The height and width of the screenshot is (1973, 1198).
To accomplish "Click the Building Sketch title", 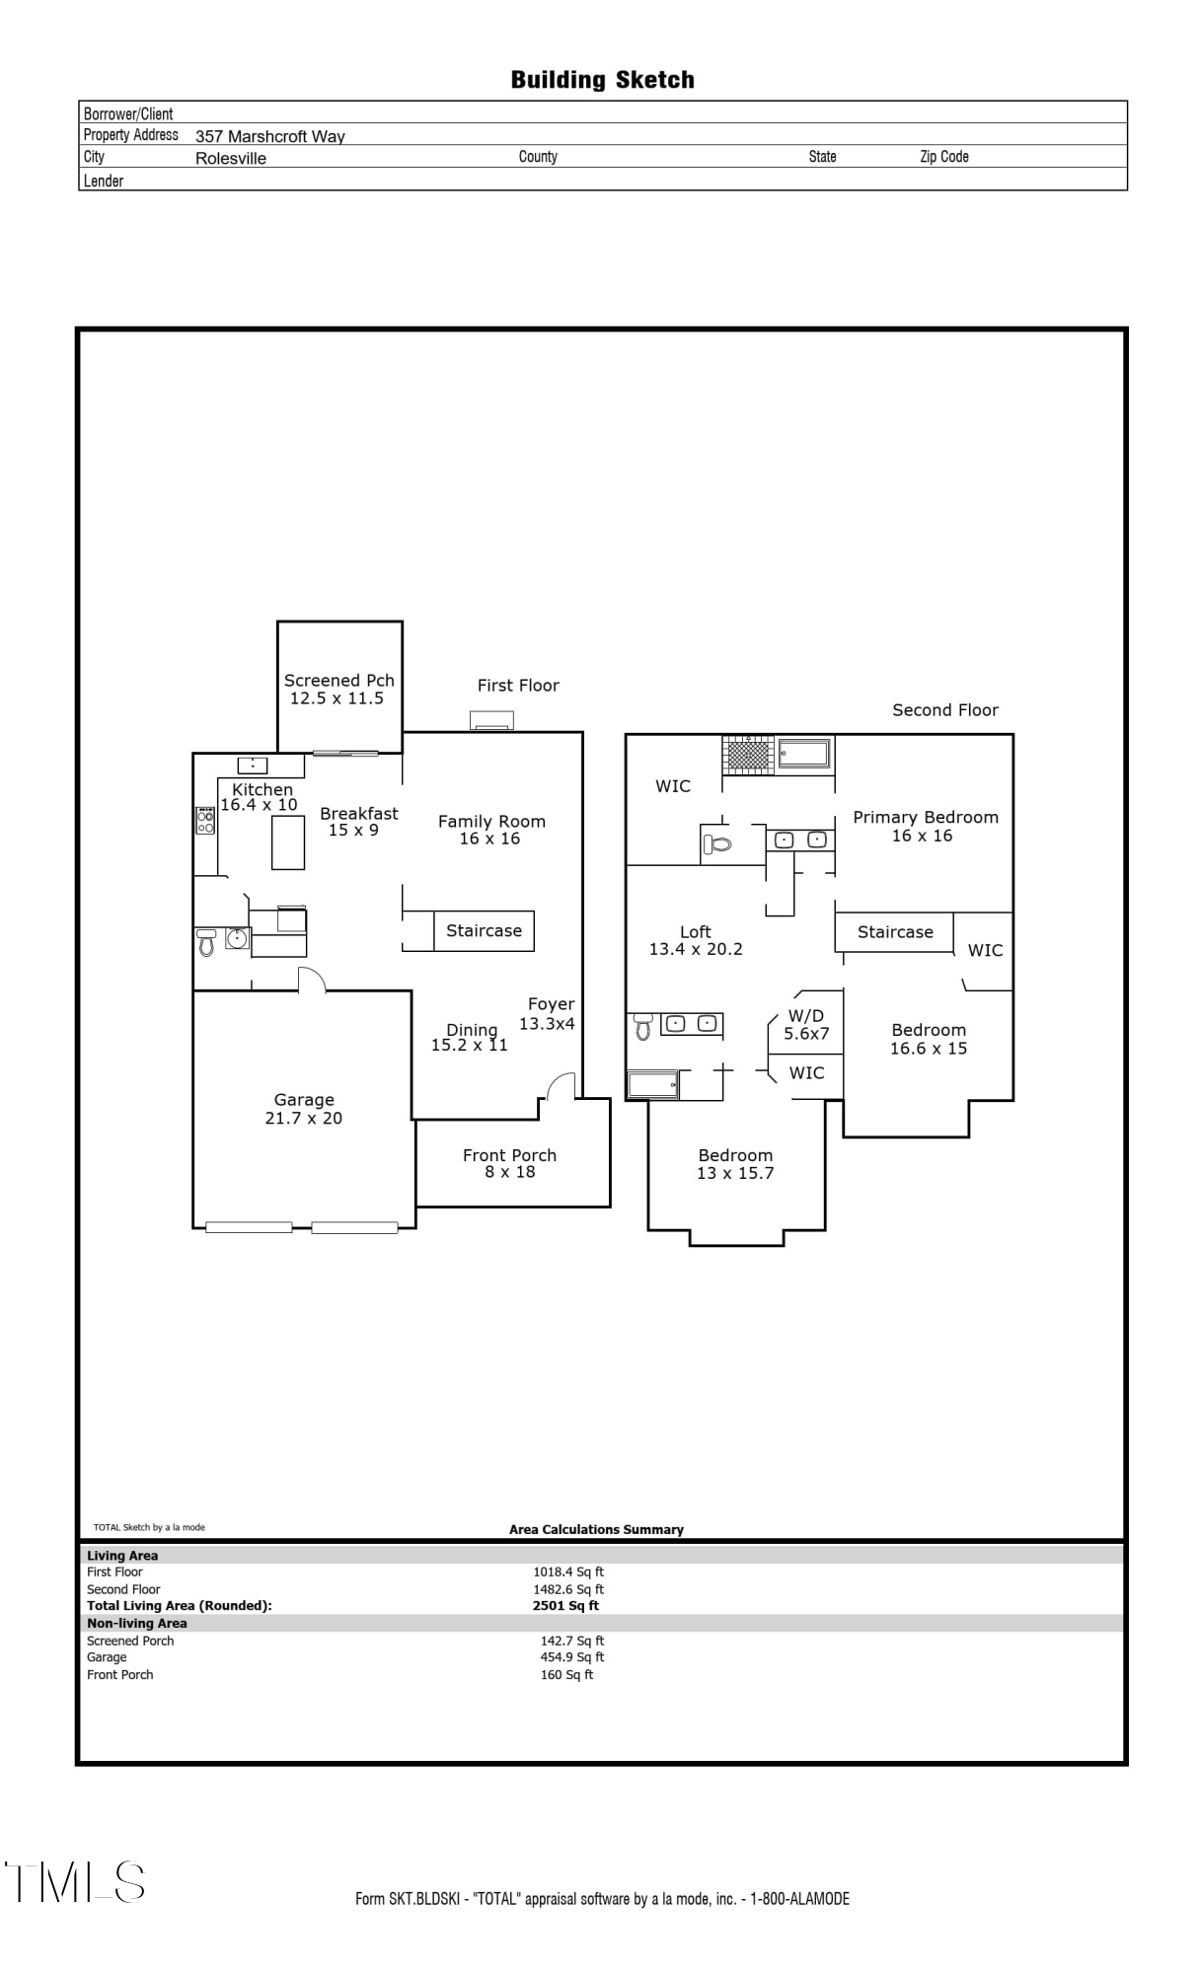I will tap(602, 80).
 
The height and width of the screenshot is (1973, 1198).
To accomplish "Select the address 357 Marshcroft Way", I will tap(269, 136).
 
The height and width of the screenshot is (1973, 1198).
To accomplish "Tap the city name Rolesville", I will tap(230, 158).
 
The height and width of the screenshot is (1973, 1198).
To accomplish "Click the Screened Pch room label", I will tap(338, 689).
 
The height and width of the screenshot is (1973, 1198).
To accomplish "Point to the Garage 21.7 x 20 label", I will tap(304, 1108).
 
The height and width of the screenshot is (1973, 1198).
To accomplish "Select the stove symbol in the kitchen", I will tap(205, 821).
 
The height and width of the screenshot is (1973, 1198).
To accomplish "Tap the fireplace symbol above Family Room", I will tap(491, 720).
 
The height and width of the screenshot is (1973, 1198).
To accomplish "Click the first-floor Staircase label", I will tap(484, 930).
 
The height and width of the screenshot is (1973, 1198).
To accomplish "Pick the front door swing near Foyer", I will tap(562, 1086).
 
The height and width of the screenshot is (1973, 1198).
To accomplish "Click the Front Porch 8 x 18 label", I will tap(509, 1163).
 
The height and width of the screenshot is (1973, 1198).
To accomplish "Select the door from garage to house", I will tap(312, 979).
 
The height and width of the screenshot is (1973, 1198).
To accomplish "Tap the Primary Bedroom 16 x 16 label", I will tap(925, 826).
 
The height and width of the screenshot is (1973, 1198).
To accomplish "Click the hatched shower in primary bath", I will tap(748, 755).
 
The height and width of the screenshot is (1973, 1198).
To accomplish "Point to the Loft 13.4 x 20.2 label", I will tap(695, 940).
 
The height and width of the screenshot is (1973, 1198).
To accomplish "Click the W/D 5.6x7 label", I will tap(805, 1024).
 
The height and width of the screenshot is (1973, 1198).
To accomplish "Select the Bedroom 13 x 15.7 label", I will tap(735, 1164).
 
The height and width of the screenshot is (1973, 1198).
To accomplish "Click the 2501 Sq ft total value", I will tap(565, 1605).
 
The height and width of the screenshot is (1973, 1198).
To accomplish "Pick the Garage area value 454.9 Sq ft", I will tap(571, 1657).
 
